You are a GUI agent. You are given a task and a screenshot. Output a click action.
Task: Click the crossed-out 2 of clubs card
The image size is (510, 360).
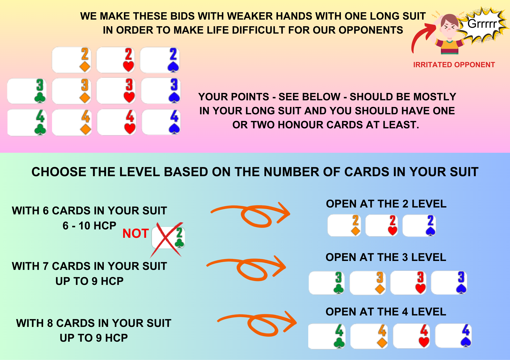point(168,238)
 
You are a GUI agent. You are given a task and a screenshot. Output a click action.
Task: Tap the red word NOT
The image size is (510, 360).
point(136,233)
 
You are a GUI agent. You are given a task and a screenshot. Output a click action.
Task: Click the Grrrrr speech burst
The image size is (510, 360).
point(482,24)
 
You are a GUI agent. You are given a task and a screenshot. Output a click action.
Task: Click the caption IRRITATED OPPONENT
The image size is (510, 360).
point(454,65)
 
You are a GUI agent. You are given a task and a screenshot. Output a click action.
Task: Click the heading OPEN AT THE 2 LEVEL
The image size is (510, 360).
point(386,204)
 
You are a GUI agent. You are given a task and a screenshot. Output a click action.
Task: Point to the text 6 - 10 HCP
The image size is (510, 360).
point(90,226)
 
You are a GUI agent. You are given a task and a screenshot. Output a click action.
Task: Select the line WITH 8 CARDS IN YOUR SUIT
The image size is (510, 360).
point(94,323)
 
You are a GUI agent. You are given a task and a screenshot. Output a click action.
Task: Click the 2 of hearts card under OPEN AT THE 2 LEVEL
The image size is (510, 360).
point(381,225)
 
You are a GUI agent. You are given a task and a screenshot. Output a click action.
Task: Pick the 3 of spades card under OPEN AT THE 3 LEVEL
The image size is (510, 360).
point(449,283)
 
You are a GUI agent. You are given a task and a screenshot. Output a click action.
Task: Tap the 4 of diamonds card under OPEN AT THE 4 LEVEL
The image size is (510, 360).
point(369,336)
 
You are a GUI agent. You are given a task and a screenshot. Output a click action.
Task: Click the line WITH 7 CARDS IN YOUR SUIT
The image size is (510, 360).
point(89,266)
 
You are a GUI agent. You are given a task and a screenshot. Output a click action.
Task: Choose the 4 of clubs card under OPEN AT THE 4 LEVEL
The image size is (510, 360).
point(327,336)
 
